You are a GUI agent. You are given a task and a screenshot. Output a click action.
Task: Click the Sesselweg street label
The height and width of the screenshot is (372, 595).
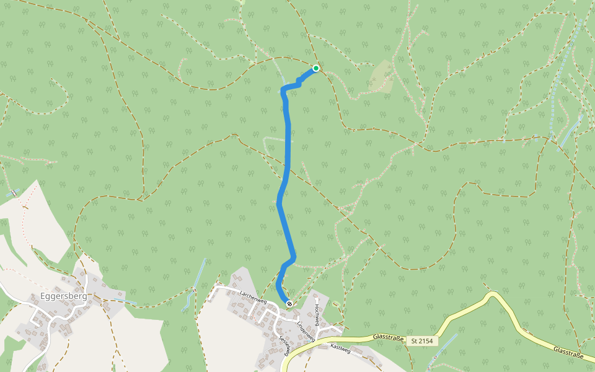(x=284, y=343)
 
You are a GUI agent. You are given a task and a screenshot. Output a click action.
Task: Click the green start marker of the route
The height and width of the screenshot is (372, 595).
(x=316, y=68)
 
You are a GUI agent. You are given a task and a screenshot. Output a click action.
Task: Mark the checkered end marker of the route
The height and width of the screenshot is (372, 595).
(x=289, y=303)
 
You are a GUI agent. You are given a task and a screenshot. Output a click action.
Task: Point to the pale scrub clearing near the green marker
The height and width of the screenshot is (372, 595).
(x=382, y=77)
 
